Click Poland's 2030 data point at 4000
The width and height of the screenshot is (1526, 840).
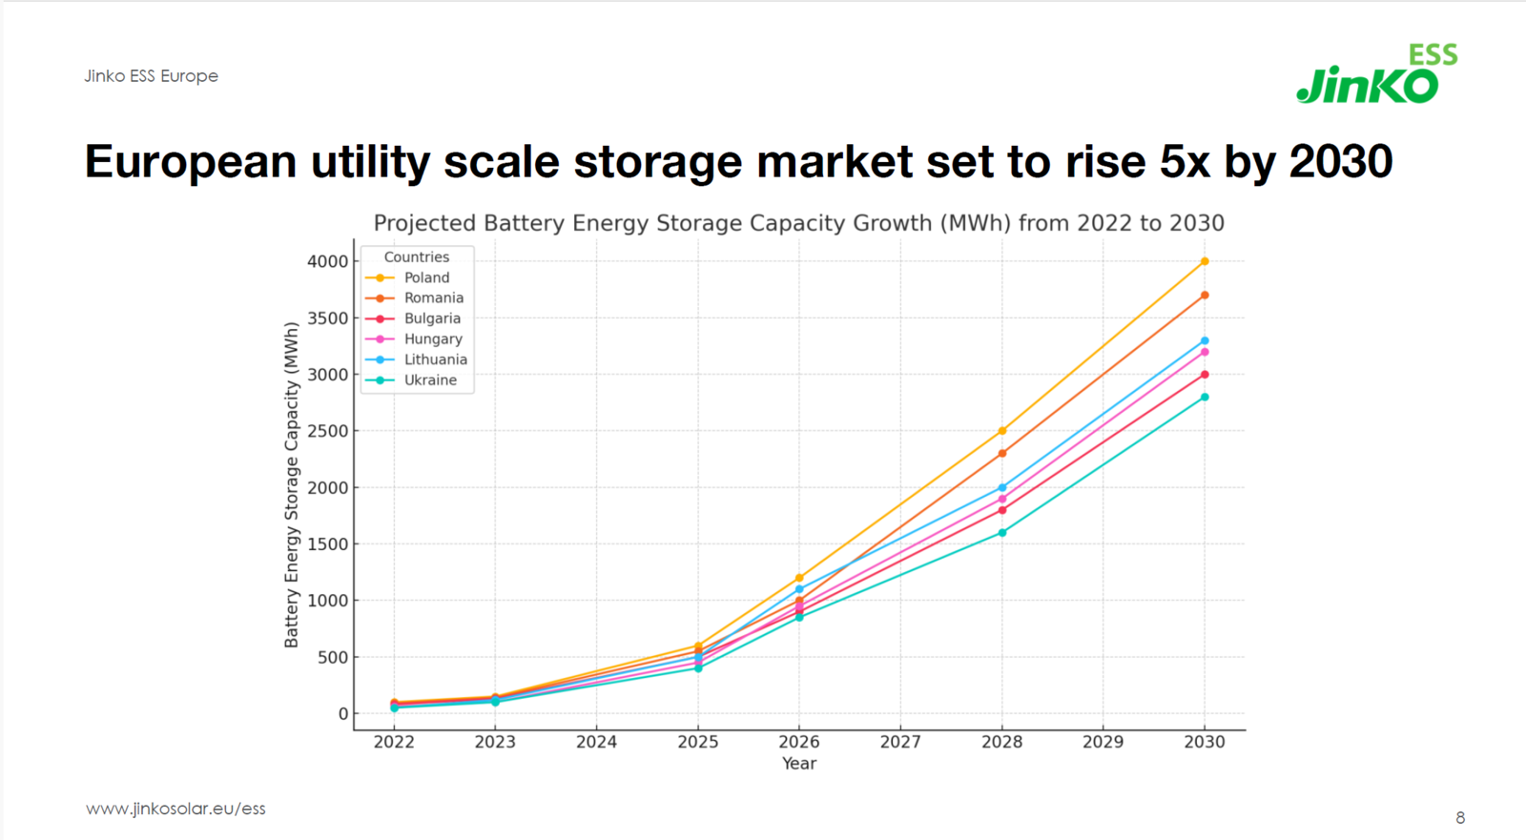[1205, 261]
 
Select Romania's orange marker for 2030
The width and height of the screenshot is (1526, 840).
[1205, 296]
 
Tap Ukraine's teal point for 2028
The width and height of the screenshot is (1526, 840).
[1002, 533]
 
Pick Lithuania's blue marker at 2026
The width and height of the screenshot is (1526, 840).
[799, 589]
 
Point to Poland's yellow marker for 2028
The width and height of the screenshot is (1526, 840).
[1002, 431]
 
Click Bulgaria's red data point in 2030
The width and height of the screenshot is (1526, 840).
[1205, 375]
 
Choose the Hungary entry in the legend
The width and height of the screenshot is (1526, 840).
[432, 339]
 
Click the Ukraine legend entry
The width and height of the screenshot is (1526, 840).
[430, 380]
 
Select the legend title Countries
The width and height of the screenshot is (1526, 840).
[416, 257]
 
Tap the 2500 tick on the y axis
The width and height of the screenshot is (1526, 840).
[327, 431]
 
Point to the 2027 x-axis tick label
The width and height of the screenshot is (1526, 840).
[900, 742]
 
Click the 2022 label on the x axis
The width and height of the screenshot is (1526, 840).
[394, 742]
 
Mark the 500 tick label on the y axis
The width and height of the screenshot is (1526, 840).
[333, 658]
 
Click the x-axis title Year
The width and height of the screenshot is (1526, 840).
[799, 764]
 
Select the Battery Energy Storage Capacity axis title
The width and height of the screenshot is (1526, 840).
[292, 484]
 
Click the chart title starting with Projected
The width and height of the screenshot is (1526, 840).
[798, 223]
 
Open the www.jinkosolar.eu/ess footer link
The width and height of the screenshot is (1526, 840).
[175, 809]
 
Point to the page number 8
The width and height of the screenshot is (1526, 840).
[1460, 818]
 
